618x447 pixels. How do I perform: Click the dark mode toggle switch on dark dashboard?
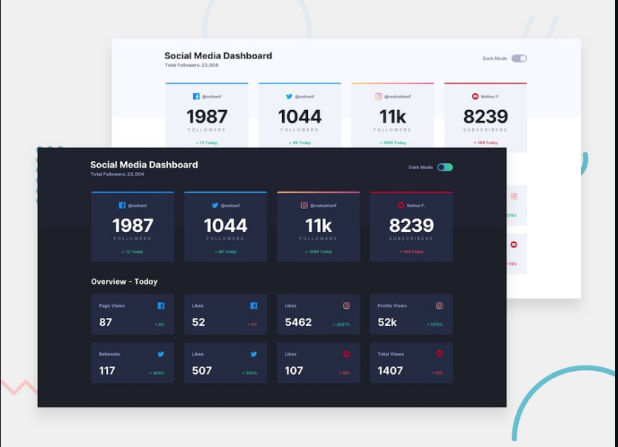445,168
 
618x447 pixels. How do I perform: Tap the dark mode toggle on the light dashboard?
519,58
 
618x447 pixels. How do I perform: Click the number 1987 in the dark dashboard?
132,225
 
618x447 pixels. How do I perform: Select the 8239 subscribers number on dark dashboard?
411,225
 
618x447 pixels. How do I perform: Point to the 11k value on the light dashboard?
392,117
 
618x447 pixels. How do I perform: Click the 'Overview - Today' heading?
124,281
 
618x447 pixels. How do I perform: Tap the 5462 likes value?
298,322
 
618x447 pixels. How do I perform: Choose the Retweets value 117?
107,370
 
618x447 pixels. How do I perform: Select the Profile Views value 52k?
387,322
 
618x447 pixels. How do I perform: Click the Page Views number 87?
106,322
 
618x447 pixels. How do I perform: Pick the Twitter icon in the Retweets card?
161,355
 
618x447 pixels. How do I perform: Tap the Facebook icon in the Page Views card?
161,306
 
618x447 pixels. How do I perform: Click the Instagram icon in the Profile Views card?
439,306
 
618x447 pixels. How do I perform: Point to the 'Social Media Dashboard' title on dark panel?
144,165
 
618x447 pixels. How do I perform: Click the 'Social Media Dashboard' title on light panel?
218,55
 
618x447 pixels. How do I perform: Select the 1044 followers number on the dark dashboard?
226,225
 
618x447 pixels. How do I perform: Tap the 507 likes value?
202,370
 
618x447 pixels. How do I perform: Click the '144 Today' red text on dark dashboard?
412,252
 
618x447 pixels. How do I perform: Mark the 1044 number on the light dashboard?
300,117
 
